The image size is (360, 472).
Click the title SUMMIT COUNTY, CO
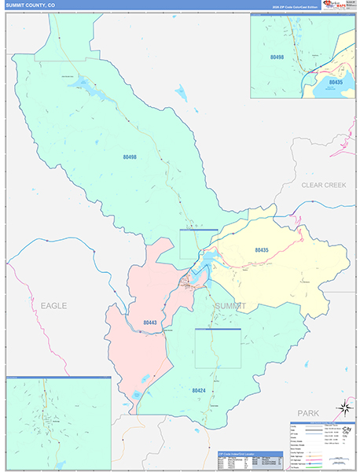point(30,5)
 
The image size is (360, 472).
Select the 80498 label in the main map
point(130,157)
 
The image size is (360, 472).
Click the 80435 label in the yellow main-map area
point(262,249)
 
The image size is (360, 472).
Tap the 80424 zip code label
point(199,389)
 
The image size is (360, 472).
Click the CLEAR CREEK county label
point(324,185)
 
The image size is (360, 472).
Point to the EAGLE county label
point(53,305)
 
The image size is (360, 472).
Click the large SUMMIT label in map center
point(230,305)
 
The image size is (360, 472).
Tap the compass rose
point(343,409)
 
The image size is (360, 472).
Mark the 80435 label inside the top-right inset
point(336,82)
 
